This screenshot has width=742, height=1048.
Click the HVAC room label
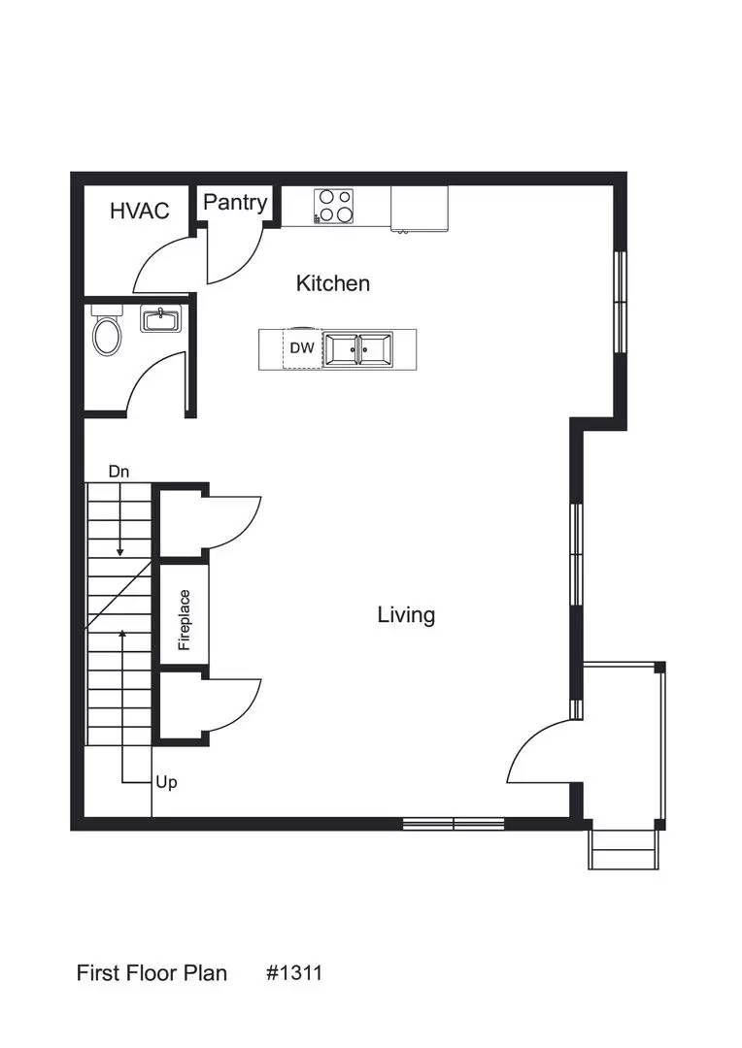[x=139, y=211]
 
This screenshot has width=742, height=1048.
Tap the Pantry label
[x=235, y=202]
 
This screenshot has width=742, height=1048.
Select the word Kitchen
[x=332, y=283]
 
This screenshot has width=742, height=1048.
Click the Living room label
[x=406, y=614]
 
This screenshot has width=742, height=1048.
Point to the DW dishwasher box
[x=302, y=348]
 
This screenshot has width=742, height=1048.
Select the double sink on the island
[x=356, y=348]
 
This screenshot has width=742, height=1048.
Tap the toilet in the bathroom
[x=106, y=334]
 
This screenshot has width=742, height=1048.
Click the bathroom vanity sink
[x=161, y=319]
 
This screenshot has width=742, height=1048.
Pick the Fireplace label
[x=184, y=620]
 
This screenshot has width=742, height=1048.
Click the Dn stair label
[x=118, y=472]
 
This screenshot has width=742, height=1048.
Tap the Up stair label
[x=166, y=782]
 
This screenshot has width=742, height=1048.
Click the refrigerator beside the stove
[x=419, y=209]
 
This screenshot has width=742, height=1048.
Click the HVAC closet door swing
[x=163, y=264]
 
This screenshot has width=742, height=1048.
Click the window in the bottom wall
[x=454, y=825]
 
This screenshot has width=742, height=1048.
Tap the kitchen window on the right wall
[x=621, y=302]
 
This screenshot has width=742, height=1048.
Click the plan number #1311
[x=293, y=972]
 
